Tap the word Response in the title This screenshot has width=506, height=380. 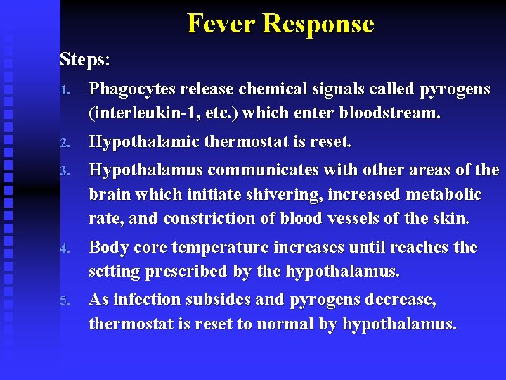point(318,23)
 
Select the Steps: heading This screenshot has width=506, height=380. point(85,59)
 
